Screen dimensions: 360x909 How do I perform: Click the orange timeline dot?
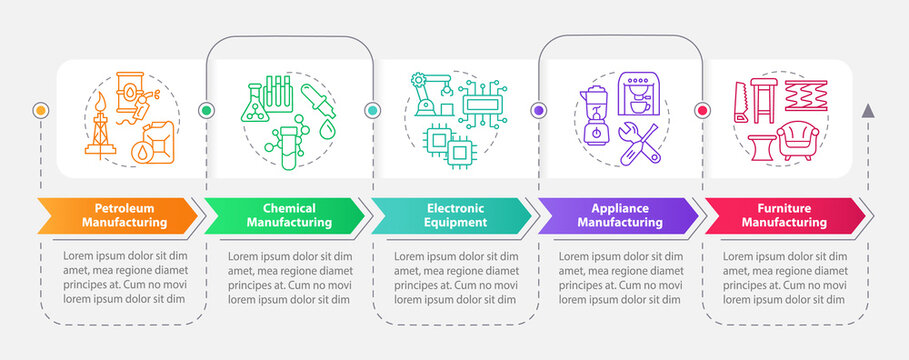[x=41, y=110]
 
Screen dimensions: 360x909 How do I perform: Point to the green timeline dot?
[x=207, y=110]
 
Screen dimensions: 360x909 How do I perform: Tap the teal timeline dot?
[x=372, y=110]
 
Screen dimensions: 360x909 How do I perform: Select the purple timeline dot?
[x=538, y=110]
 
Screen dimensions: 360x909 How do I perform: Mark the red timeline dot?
[x=703, y=110]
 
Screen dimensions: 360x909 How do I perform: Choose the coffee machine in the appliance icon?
[x=638, y=95]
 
